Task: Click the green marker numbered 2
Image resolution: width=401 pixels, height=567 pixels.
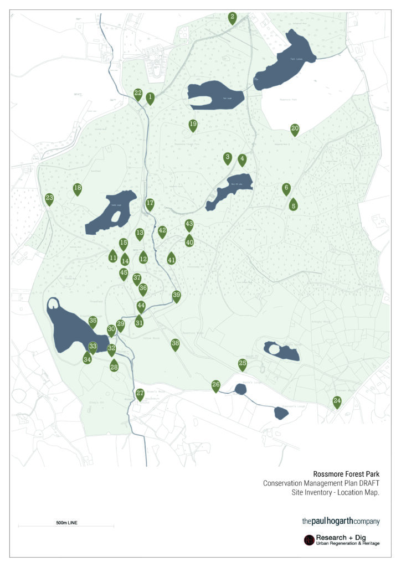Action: point(233,17)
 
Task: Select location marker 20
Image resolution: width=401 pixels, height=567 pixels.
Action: point(295,129)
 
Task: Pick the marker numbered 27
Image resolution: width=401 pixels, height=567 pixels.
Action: point(140,394)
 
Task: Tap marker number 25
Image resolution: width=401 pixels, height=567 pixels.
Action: point(242,364)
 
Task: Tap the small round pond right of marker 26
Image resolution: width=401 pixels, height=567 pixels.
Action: point(240,389)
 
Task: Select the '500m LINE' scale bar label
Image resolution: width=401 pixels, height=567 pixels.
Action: point(66,522)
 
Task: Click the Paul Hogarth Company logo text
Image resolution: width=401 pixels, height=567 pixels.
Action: point(341,521)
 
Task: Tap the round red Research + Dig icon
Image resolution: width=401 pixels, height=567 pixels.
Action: point(309,540)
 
